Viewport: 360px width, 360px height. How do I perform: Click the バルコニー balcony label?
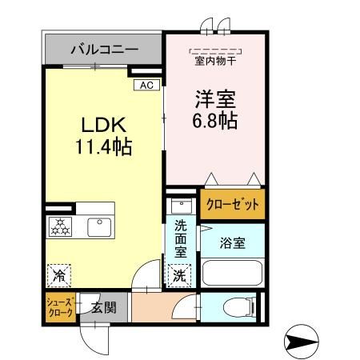(x=103, y=50)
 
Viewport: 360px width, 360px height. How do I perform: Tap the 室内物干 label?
(x=214, y=60)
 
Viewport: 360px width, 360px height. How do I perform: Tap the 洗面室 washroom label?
(x=181, y=238)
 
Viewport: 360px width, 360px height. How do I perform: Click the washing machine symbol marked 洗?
(x=179, y=274)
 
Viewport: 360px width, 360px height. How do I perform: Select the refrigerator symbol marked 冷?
(x=58, y=275)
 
